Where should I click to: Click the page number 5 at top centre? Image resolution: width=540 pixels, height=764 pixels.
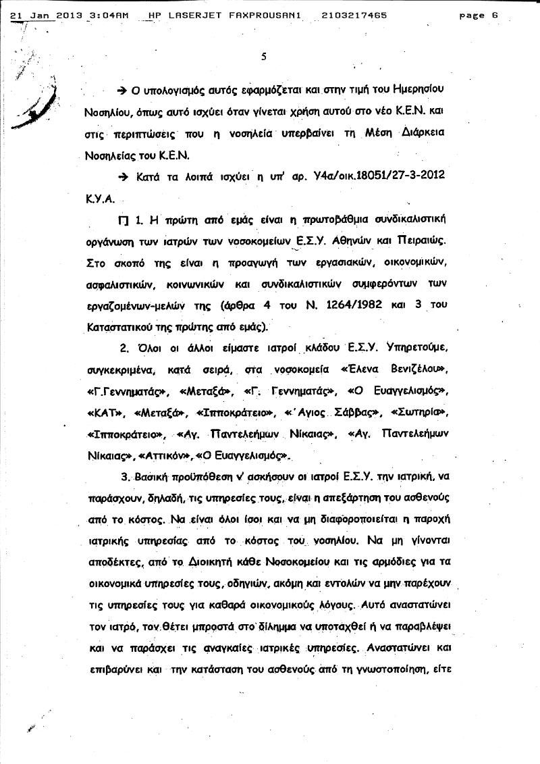[264, 57]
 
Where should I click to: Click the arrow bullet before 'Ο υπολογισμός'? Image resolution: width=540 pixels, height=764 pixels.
[122, 91]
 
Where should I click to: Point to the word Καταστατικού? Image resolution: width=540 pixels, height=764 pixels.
[119, 327]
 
